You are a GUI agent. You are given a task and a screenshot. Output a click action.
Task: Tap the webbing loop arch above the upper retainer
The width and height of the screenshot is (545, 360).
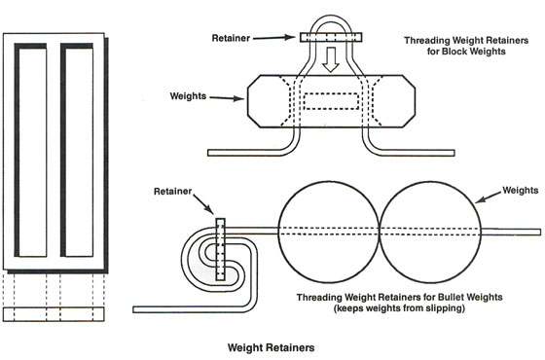[x=332, y=17]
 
